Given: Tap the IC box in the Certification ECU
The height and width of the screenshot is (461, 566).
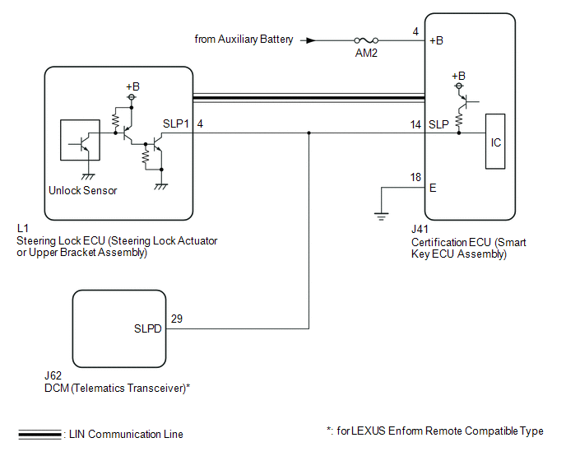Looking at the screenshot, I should tap(495, 142).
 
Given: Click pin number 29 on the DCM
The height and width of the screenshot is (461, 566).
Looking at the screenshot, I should tap(176, 318).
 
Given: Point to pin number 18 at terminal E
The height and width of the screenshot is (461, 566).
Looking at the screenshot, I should tap(415, 178).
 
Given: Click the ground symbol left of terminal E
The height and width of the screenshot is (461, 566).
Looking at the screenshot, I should tap(381, 217).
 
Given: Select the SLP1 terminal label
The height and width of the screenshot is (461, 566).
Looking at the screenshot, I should tap(177, 123).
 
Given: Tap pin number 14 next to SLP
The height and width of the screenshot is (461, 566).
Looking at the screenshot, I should tap(415, 123).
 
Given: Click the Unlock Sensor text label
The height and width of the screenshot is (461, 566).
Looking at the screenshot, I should tap(83, 190).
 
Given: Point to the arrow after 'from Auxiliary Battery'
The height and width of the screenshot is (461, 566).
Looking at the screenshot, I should tap(309, 40).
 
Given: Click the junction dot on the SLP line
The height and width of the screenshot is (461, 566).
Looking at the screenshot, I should tap(309, 133).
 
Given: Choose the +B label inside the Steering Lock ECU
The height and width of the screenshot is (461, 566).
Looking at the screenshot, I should tap(132, 86).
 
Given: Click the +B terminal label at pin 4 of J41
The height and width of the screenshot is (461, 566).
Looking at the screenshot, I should tap(437, 40).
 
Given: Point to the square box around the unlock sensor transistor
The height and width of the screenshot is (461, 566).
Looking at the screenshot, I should tap(81, 142).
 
